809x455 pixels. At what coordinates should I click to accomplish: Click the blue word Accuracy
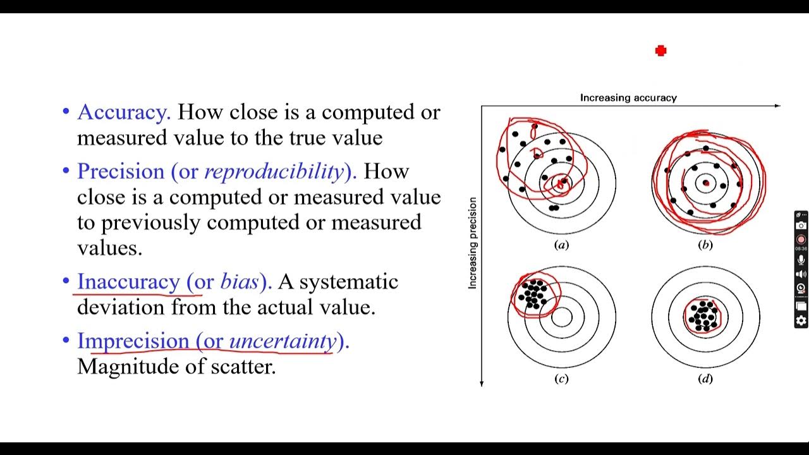click(x=124, y=112)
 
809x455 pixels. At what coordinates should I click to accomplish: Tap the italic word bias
click(x=240, y=281)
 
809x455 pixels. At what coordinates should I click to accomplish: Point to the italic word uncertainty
click(x=283, y=341)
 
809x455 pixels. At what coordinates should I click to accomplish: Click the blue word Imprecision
click(x=133, y=341)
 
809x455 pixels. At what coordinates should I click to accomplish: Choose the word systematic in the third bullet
click(x=349, y=281)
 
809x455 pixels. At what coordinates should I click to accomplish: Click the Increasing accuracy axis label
click(x=628, y=98)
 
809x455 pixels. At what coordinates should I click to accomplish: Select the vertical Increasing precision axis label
click(x=472, y=243)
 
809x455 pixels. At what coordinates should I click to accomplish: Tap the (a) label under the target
click(x=561, y=245)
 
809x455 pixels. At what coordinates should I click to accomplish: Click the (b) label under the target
click(x=705, y=245)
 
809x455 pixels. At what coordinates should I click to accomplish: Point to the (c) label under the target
click(x=561, y=379)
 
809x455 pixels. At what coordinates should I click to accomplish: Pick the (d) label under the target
click(x=705, y=379)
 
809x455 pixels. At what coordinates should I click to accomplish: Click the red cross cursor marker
click(x=660, y=51)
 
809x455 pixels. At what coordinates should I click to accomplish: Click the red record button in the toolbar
click(x=801, y=240)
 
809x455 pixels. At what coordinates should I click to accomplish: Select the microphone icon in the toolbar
click(x=801, y=260)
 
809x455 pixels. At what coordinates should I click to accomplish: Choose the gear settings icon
click(x=801, y=320)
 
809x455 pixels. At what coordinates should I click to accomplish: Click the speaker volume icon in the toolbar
click(x=801, y=274)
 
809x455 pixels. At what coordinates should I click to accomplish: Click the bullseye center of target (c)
click(x=561, y=317)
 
